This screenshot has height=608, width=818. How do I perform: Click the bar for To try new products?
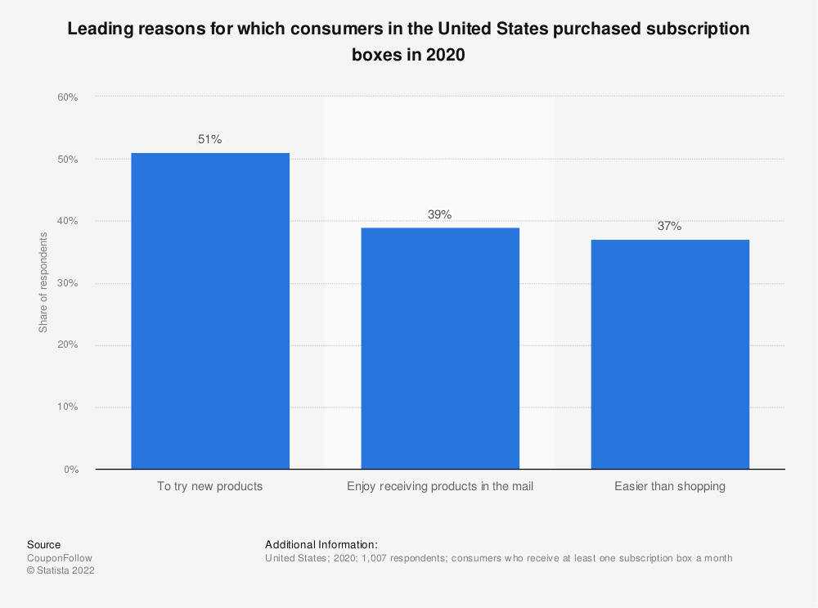tap(210, 311)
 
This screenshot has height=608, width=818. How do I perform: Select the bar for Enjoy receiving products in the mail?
tap(440, 349)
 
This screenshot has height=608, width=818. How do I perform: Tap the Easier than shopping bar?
tap(670, 354)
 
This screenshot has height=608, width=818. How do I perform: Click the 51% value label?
tap(210, 139)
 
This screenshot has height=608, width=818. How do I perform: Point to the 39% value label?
tap(440, 214)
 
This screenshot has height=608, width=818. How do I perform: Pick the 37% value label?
tap(670, 227)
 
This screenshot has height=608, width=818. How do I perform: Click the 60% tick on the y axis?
tap(67, 97)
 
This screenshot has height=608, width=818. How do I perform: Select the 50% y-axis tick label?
tap(67, 160)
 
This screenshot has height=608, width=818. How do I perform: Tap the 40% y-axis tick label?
tap(67, 221)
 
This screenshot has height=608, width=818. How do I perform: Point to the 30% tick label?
tap(67, 283)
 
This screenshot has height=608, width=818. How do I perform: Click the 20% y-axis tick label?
tap(67, 345)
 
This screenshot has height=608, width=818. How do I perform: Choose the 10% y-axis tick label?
tap(67, 408)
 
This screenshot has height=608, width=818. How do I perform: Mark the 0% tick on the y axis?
tap(70, 470)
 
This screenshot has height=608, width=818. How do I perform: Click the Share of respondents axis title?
tap(43, 283)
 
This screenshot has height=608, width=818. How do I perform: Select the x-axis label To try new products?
tap(210, 486)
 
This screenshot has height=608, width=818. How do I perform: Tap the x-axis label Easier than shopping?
tap(670, 486)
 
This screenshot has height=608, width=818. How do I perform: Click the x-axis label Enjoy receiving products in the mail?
tap(440, 486)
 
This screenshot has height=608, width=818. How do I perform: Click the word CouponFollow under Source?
tap(60, 558)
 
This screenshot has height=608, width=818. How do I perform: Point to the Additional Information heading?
tap(321, 544)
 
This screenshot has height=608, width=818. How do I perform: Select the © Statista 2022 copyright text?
tap(61, 571)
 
